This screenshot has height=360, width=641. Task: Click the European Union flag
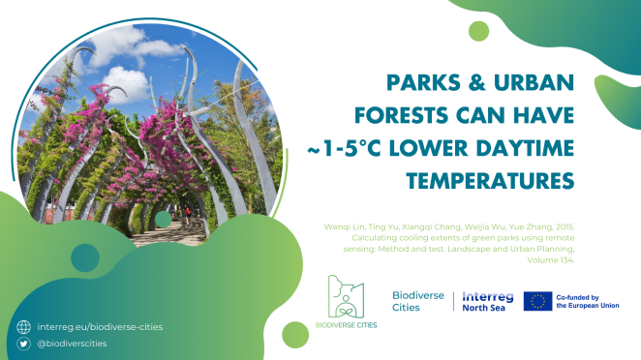(538, 301)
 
